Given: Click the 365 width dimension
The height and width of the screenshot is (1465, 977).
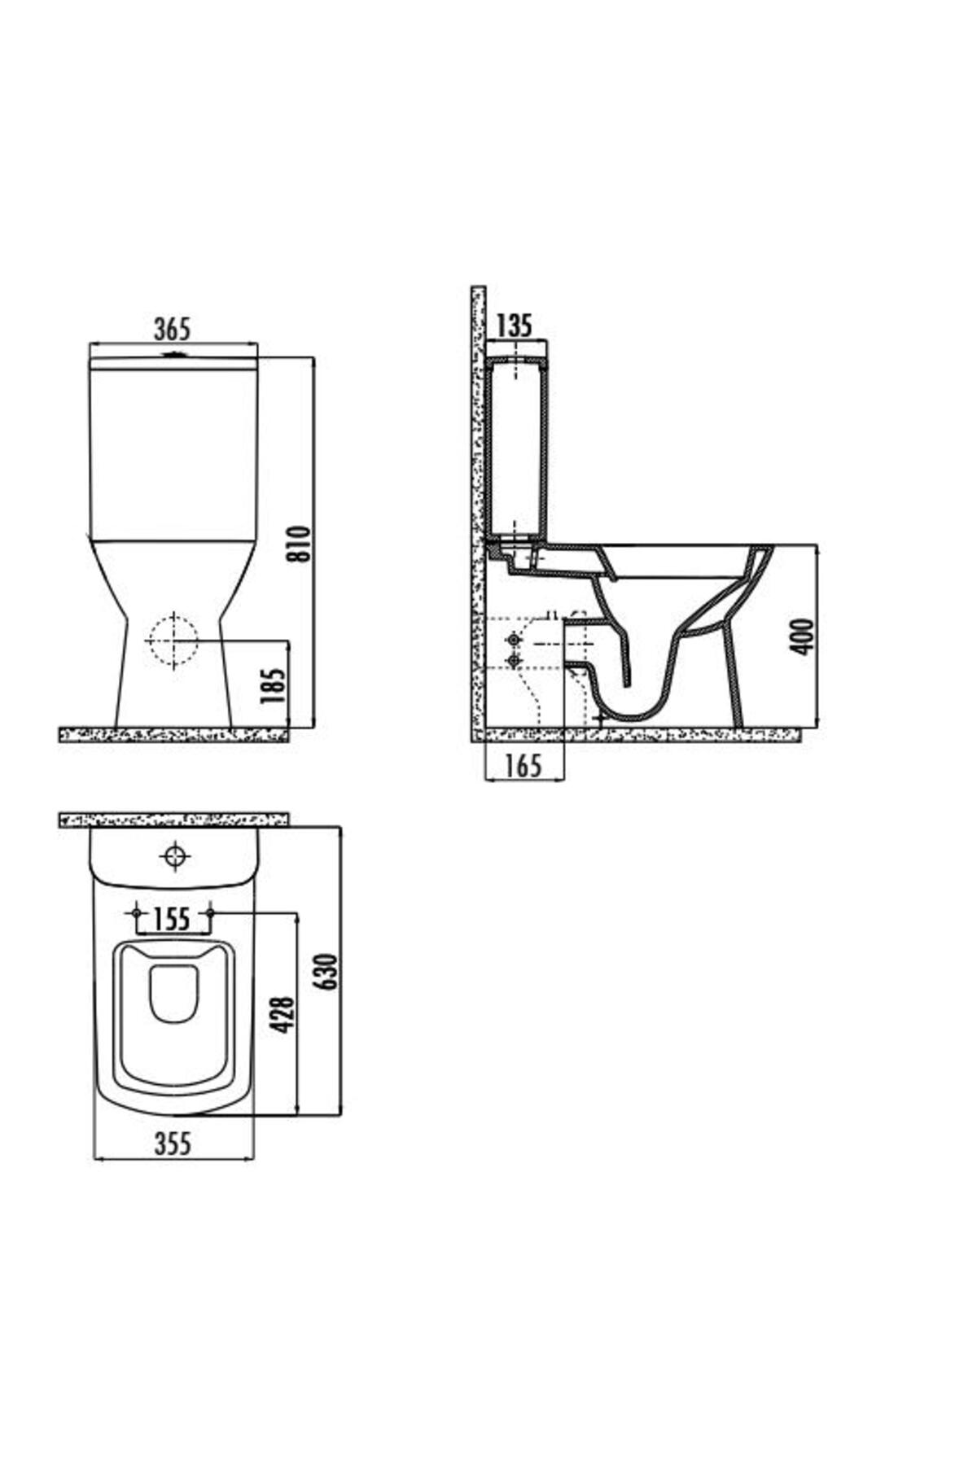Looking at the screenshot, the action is [172, 330].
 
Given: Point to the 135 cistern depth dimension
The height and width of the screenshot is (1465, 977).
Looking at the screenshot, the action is [514, 326].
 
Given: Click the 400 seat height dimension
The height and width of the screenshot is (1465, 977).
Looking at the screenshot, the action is [803, 636].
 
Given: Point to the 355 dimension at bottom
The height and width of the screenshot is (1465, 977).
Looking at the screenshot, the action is [173, 1144].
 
